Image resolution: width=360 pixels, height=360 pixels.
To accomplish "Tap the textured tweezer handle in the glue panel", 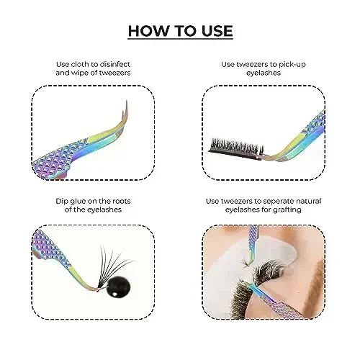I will click(x=54, y=248).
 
